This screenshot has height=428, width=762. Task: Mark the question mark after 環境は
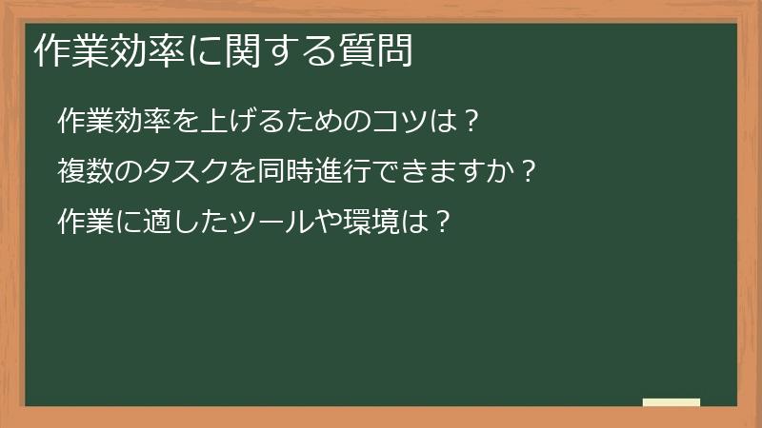click(x=439, y=222)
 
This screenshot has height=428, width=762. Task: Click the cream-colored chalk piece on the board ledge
click(x=672, y=402)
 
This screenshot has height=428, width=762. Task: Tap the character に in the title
click(x=203, y=51)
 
